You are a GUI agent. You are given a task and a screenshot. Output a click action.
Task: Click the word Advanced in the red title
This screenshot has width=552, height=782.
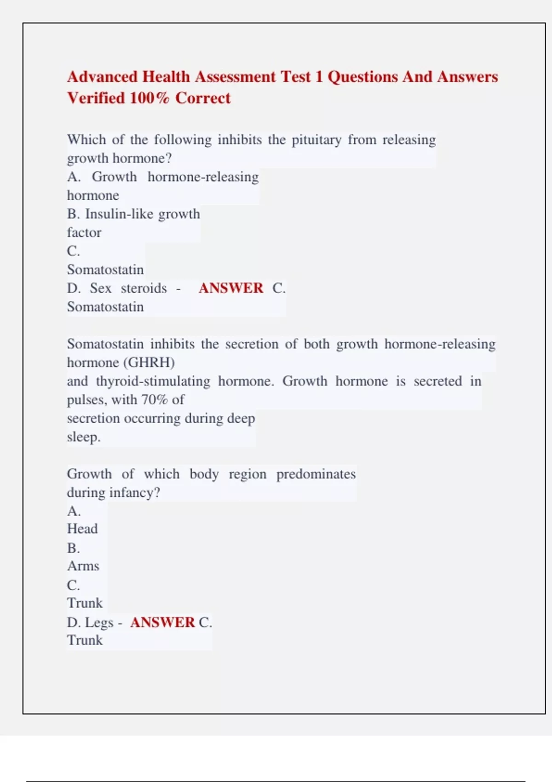click(x=103, y=77)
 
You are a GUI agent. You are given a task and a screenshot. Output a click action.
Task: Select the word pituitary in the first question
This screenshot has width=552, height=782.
click(x=316, y=140)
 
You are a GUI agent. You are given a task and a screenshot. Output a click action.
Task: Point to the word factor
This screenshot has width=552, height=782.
click(x=84, y=233)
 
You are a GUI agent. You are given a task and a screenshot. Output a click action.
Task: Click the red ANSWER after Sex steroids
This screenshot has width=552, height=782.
click(x=231, y=288)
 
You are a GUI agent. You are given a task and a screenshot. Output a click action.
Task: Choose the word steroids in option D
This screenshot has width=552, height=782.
click(x=144, y=288)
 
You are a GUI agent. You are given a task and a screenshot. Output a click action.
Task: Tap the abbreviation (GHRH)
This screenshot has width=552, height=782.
click(x=149, y=362)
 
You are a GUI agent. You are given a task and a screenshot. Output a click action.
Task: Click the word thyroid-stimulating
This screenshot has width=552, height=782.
click(x=153, y=381)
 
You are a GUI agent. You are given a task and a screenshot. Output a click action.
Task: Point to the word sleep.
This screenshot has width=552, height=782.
click(x=83, y=437)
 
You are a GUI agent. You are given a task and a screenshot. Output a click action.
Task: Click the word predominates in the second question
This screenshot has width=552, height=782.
click(x=316, y=474)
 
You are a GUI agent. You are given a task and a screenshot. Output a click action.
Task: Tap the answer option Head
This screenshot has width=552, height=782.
click(x=82, y=529)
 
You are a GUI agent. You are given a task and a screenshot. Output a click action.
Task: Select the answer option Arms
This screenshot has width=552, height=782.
click(x=83, y=566)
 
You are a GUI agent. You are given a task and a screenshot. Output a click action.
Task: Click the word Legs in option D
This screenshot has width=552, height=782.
click(x=99, y=622)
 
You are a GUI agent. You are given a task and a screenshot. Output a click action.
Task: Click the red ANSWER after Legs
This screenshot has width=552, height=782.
click(x=162, y=622)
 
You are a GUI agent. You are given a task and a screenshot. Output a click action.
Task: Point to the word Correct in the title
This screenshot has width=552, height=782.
click(x=203, y=98)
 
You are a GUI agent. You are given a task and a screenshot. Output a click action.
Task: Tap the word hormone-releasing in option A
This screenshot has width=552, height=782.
click(x=203, y=177)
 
